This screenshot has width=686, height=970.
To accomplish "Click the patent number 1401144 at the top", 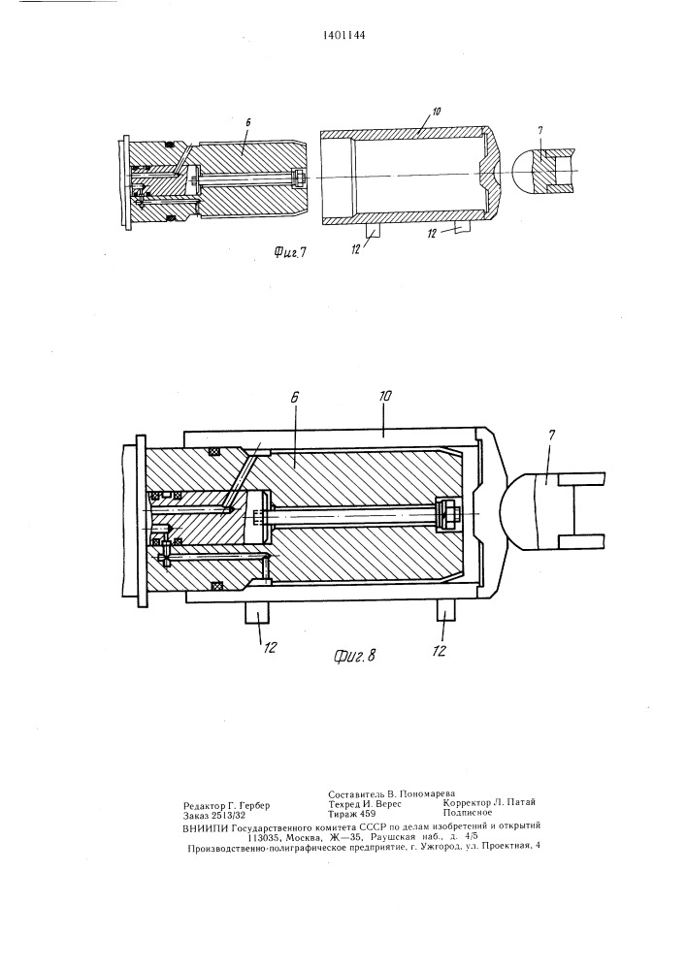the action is click(343, 35).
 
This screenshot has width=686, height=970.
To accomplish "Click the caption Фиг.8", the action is click(354, 656).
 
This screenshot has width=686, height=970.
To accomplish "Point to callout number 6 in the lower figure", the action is click(294, 397).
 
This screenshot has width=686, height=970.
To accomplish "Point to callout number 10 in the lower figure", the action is click(384, 397).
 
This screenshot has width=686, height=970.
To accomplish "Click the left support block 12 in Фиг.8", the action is click(257, 613).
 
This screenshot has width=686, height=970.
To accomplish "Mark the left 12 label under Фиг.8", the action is click(271, 647).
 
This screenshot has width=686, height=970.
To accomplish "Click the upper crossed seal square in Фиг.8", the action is click(215, 453).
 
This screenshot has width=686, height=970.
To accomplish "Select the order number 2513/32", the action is click(228, 816).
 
